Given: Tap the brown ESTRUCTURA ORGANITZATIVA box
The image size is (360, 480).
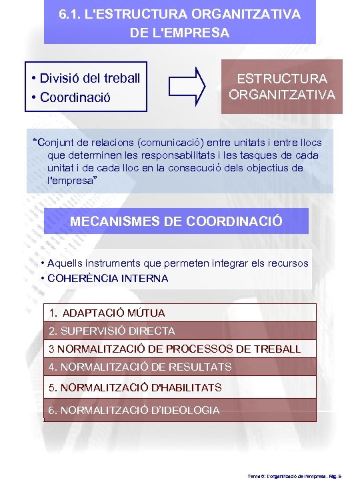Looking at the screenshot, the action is tap(281, 87).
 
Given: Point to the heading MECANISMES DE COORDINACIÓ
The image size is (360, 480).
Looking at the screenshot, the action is tap(176, 221).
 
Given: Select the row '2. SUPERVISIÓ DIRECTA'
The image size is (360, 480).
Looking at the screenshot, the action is tap(112, 331).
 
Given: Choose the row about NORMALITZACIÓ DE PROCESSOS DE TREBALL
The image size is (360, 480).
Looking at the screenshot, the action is tap(175, 349).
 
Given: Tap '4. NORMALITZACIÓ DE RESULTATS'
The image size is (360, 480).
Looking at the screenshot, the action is tap(140, 367).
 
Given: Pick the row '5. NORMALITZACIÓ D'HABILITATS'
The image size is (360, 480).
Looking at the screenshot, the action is tap(135, 387).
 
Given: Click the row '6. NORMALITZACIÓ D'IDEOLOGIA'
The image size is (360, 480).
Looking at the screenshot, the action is tap(133, 410).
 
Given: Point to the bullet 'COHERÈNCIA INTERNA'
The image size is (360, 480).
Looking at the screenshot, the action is tap(108, 278).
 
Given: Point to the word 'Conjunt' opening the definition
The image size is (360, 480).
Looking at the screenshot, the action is tap(57, 142).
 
